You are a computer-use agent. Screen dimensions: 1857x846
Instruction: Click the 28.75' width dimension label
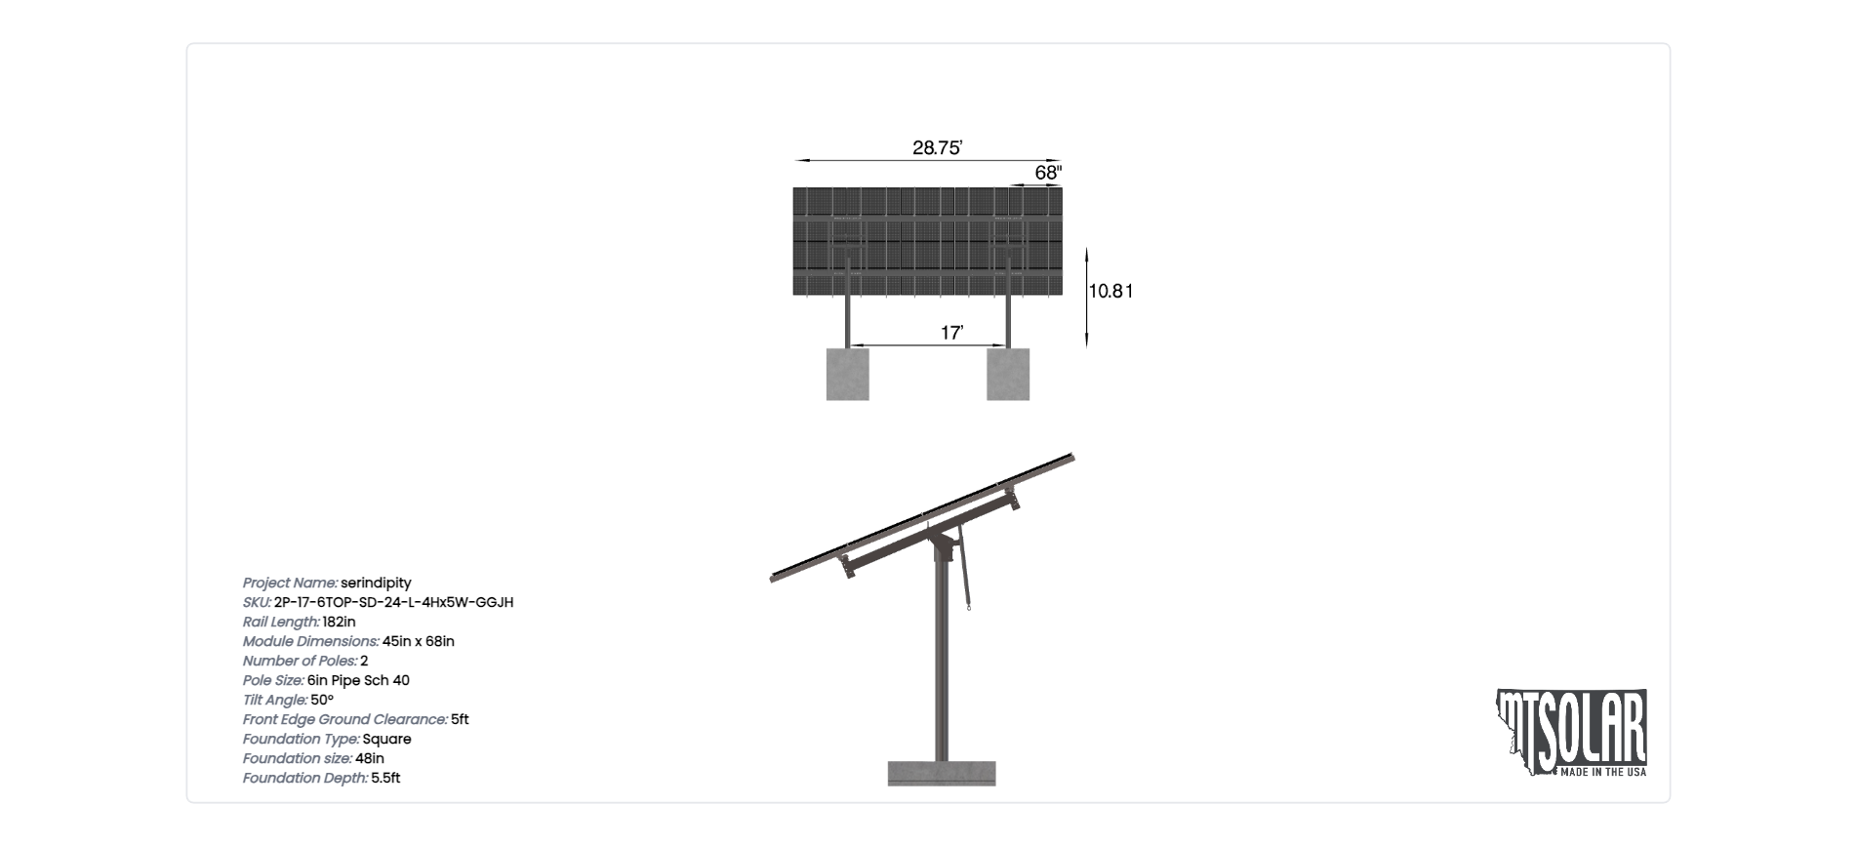point(937,148)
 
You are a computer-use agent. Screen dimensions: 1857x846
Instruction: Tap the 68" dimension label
point(1048,173)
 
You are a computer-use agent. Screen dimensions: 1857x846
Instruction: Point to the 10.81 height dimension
point(1110,291)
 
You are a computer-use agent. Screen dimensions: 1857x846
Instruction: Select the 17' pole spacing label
point(951,333)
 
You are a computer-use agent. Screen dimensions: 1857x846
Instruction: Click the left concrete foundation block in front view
point(848,374)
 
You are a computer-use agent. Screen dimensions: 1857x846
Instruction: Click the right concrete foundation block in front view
point(1008,374)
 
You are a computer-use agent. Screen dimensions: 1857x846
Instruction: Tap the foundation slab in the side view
point(942,773)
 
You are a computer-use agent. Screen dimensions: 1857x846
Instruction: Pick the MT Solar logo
point(1572,733)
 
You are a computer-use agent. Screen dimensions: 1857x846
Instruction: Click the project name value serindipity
point(376,583)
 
